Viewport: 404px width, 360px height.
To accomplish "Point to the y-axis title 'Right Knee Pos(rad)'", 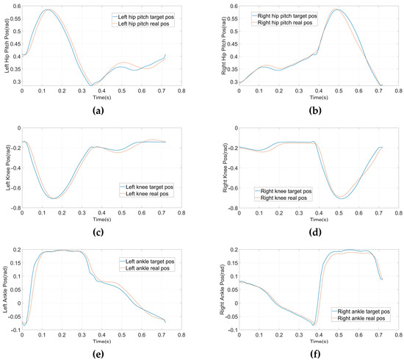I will tap(223, 168).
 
